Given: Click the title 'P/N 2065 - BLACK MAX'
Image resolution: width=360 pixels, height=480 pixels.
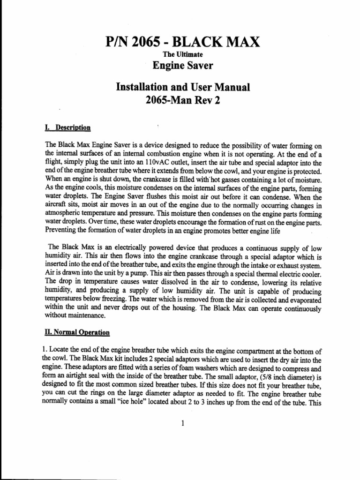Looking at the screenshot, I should click(x=182, y=44).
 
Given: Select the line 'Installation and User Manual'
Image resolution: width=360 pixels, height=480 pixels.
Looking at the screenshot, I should click(x=182, y=88).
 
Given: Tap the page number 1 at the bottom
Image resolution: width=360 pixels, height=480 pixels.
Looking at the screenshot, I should click(x=182, y=423).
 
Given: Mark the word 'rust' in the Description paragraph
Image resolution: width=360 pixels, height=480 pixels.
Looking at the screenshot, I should click(x=251, y=222).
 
